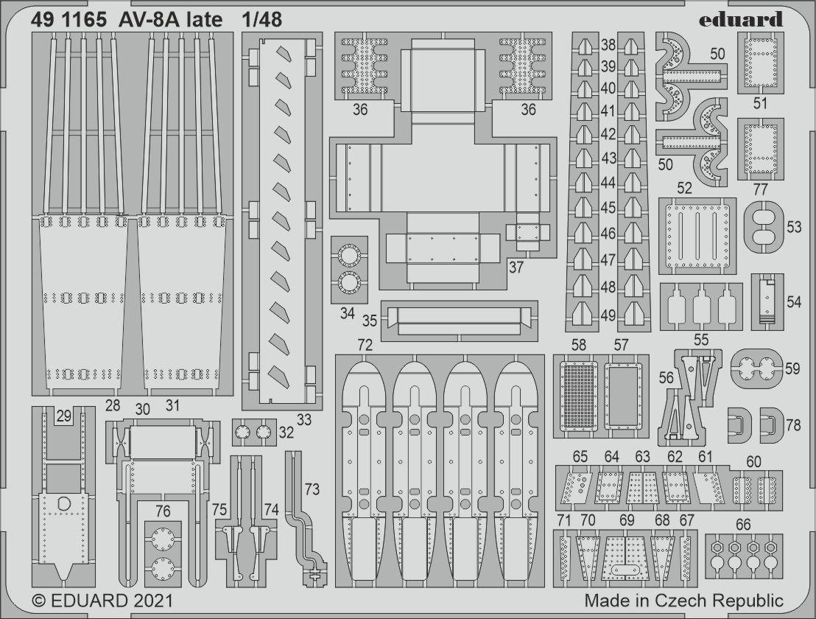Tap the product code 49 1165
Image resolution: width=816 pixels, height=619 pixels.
pyautogui.click(x=68, y=20)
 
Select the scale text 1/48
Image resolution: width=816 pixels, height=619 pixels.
pyautogui.click(x=261, y=20)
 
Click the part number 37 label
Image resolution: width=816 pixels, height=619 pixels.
pyautogui.click(x=516, y=267)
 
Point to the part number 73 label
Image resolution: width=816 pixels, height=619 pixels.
pyautogui.click(x=312, y=489)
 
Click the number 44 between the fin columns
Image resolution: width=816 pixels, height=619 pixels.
pyautogui.click(x=608, y=183)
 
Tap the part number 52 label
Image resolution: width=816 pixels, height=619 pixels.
pyautogui.click(x=684, y=188)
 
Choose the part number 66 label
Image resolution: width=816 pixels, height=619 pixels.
pyautogui.click(x=743, y=524)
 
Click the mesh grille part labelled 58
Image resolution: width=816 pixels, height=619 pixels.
pyautogui.click(x=577, y=395)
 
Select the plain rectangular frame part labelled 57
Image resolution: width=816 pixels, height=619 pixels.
pyautogui.click(x=624, y=395)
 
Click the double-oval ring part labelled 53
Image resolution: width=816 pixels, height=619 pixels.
pyautogui.click(x=764, y=228)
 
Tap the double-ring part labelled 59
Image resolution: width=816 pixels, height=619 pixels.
pyautogui.click(x=756, y=369)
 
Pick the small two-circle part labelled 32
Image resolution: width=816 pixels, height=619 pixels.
pyautogui.click(x=253, y=432)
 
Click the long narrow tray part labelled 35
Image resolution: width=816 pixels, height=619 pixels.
pyautogui.click(x=459, y=321)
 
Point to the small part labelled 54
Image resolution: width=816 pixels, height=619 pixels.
pyautogui.click(x=767, y=301)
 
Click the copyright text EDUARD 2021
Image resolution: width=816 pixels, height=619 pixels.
pyautogui.click(x=102, y=601)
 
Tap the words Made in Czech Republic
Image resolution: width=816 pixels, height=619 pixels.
pyautogui.click(x=683, y=601)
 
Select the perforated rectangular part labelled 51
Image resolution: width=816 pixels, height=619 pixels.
pyautogui.click(x=760, y=63)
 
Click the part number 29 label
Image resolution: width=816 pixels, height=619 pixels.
pyautogui.click(x=63, y=416)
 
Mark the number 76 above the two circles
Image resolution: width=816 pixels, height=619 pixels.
pyautogui.click(x=163, y=511)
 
